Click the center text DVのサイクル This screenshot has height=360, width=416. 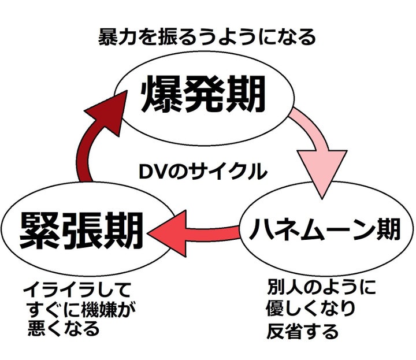click(203, 171)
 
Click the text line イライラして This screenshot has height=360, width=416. click(77, 288)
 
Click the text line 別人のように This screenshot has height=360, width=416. click(321, 287)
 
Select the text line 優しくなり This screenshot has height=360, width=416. click(311, 310)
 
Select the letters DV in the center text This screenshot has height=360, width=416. click(152, 171)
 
